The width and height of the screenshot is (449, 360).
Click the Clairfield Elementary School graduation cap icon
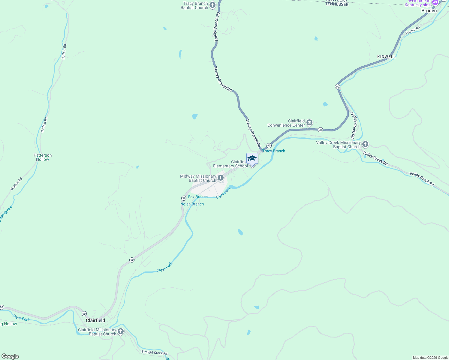[x=252, y=159]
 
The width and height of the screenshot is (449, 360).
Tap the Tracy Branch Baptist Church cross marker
[x=212, y=5]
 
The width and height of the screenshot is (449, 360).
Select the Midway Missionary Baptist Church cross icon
[x=221, y=178]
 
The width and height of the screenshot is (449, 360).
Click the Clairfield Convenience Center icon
[x=309, y=123]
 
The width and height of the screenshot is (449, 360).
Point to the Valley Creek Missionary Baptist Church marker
[x=365, y=144]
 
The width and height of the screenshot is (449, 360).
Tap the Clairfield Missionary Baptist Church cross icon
[x=121, y=331]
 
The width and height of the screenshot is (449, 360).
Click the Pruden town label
[x=429, y=10]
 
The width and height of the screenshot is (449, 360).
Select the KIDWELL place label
[x=386, y=57]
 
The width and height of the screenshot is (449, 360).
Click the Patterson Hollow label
[x=43, y=157]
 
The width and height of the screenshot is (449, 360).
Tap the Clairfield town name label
[x=95, y=320]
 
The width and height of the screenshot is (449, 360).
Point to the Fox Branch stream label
[x=198, y=197]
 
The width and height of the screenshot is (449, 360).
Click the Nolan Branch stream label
[x=192, y=204]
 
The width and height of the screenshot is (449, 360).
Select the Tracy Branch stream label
[x=274, y=151]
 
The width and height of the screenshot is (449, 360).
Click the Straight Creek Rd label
[x=154, y=352]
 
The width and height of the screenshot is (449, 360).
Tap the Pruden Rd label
[x=412, y=30]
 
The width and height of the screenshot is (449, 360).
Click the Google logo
[x=10, y=356]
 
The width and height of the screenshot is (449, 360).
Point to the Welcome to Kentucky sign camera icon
[x=435, y=3]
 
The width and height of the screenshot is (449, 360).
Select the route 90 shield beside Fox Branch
[x=184, y=198]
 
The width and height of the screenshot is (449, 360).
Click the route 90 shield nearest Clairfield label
[x=84, y=313]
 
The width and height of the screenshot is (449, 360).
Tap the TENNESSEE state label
[x=337, y=4]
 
